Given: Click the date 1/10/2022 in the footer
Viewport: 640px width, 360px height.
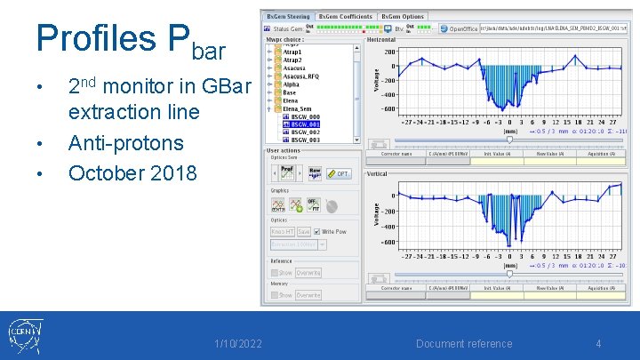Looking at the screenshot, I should [x=237, y=344].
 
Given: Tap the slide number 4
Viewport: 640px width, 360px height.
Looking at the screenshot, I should [x=598, y=344].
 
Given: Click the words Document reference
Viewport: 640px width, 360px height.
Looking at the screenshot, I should [x=465, y=344].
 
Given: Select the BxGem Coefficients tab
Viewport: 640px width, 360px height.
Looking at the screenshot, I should [x=346, y=16].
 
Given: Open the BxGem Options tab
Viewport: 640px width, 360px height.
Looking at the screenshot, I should [x=403, y=16].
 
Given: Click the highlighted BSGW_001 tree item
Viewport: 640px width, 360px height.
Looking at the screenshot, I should [x=306, y=124].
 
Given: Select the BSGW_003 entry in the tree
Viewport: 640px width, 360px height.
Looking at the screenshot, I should [x=306, y=140].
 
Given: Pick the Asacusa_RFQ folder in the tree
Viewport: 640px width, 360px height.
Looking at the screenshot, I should [x=302, y=77].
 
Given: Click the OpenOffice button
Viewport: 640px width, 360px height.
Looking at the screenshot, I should [x=458, y=28].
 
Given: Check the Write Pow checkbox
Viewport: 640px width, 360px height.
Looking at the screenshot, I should [x=317, y=232].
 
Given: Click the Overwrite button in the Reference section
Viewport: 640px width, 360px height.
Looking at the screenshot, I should [x=308, y=273].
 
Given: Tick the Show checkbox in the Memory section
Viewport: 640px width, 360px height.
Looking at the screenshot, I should [x=276, y=295].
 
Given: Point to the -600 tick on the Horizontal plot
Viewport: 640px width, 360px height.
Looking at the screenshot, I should [x=389, y=109].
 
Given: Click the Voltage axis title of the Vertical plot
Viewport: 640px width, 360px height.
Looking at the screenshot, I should [x=376, y=213].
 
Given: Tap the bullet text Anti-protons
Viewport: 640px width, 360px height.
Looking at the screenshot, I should [x=125, y=143].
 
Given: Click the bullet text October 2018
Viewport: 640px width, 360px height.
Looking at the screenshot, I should [x=132, y=172].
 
